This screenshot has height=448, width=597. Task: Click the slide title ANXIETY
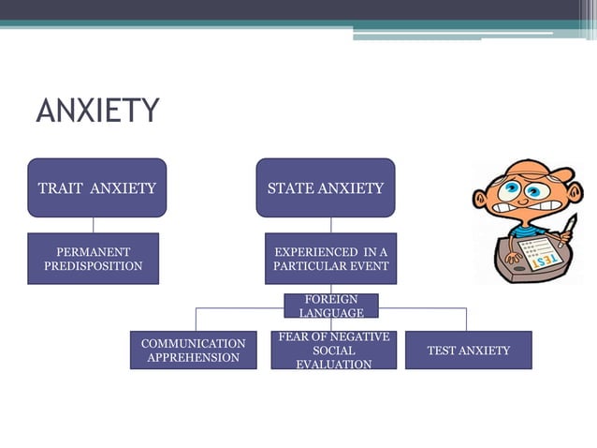(x=97, y=111)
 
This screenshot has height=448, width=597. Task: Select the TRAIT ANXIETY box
(x=97, y=188)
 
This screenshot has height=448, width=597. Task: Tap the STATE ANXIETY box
(x=326, y=188)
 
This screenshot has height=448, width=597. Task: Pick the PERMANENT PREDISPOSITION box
(x=93, y=259)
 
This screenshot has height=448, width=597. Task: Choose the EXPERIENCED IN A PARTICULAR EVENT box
(x=330, y=259)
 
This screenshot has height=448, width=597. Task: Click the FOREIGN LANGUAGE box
(x=331, y=306)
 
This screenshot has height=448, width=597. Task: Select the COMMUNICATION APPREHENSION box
(x=193, y=351)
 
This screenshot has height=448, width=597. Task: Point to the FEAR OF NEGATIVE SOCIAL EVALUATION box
(x=334, y=351)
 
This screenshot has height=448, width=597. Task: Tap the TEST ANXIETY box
(x=468, y=351)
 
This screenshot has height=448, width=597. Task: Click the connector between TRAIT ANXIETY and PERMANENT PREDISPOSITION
(x=93, y=225)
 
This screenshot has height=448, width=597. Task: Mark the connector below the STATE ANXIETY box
(x=330, y=225)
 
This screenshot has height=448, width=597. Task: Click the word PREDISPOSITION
(x=94, y=266)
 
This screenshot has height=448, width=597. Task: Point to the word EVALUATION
(x=334, y=364)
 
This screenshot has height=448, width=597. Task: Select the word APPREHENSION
(x=193, y=358)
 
